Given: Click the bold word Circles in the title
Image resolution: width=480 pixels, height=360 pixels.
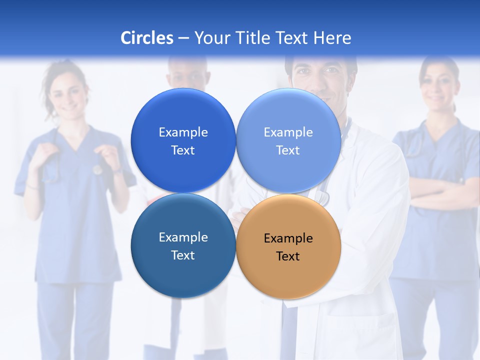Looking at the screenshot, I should (147, 38).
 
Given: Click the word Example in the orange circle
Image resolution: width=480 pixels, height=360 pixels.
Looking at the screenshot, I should (288, 238).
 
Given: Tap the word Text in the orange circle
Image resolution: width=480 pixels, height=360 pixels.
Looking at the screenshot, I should (288, 256).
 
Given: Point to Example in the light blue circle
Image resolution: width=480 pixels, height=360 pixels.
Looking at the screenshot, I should (288, 132).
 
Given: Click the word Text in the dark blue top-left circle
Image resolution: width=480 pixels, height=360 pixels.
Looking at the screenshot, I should (183, 150).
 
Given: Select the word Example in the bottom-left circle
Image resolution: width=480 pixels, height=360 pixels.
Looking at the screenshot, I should (183, 237).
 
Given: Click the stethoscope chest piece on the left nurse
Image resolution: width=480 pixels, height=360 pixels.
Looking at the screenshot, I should (97, 169).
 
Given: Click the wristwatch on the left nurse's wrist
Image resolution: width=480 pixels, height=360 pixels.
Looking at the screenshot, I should (117, 170).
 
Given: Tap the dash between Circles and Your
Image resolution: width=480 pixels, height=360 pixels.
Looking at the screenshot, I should (183, 38).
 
